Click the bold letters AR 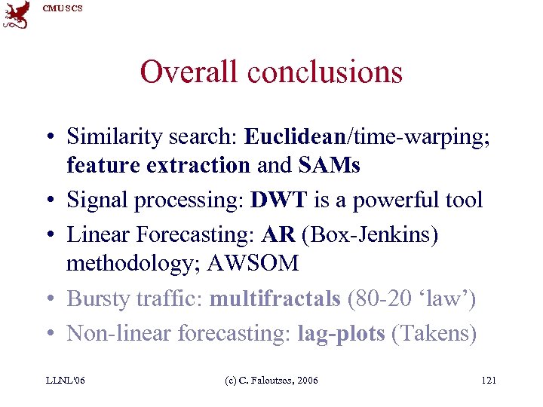(x=278, y=234)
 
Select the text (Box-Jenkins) (x=369, y=235)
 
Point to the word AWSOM (x=256, y=263)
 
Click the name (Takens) (x=434, y=333)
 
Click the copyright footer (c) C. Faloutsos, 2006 (x=271, y=380)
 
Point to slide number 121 (x=488, y=380)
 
